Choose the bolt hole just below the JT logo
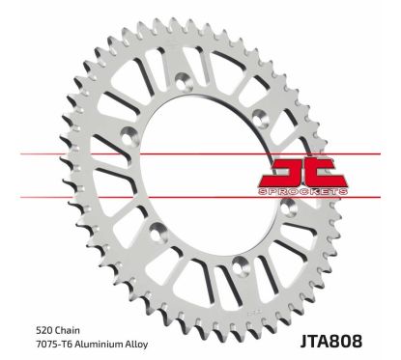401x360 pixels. (273, 224)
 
